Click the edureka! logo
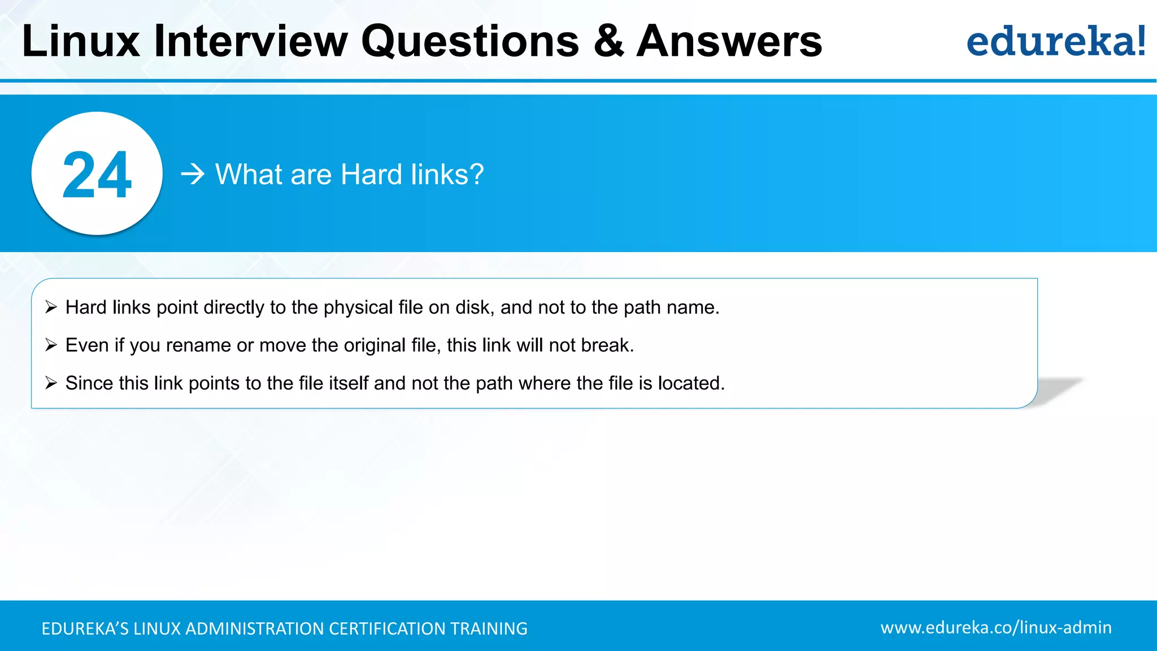click(x=1055, y=41)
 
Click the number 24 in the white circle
click(x=97, y=175)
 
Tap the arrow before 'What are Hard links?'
click(x=192, y=174)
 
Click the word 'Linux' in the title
click(x=80, y=41)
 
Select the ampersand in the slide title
click(x=608, y=41)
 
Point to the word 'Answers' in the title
click(x=729, y=41)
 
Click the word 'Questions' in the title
click(x=470, y=41)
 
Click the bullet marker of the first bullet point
click(x=51, y=307)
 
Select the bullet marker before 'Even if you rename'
click(x=51, y=345)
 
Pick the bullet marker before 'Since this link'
click(x=51, y=383)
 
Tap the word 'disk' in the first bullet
click(x=473, y=307)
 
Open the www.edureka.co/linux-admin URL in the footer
click(x=995, y=627)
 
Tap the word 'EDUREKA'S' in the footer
click(x=85, y=628)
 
